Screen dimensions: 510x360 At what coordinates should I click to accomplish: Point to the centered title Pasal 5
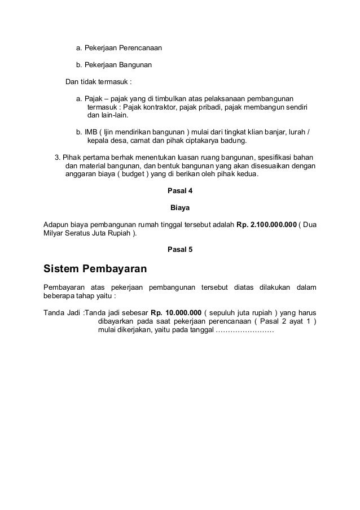(x=180, y=249)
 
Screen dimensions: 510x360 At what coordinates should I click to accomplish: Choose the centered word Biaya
(x=180, y=208)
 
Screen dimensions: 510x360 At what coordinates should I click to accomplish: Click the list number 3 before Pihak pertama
(x=56, y=156)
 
